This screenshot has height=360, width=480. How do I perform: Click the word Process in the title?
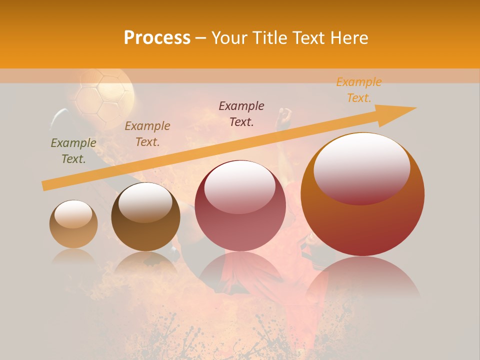click(157, 38)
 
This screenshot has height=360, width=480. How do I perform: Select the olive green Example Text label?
click(73, 151)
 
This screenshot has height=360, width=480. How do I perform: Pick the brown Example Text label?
click(147, 134)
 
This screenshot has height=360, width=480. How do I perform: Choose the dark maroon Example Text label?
click(241, 114)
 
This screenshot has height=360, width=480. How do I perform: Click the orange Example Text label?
click(359, 90)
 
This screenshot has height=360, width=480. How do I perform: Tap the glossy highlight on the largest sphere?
click(361, 167)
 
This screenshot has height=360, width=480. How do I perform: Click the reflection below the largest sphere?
click(362, 280)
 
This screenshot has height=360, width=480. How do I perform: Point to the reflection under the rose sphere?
click(240, 275)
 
